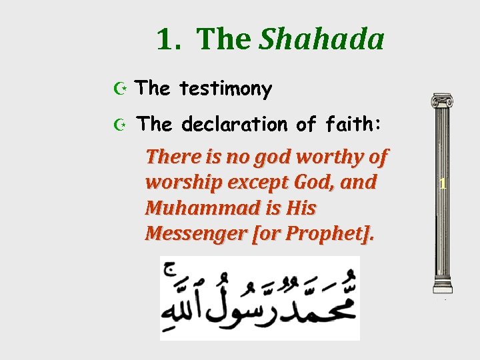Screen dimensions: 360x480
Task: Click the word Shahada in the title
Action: pos(321,39)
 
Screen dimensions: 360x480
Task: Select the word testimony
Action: pos(226,89)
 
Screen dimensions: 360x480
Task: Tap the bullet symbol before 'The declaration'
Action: pos(119,124)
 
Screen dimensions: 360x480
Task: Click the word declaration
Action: pos(235,124)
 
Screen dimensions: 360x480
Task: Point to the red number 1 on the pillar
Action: pos(442,184)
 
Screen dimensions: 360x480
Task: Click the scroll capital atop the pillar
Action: pos(442,101)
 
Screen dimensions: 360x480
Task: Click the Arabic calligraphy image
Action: pos(259,298)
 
